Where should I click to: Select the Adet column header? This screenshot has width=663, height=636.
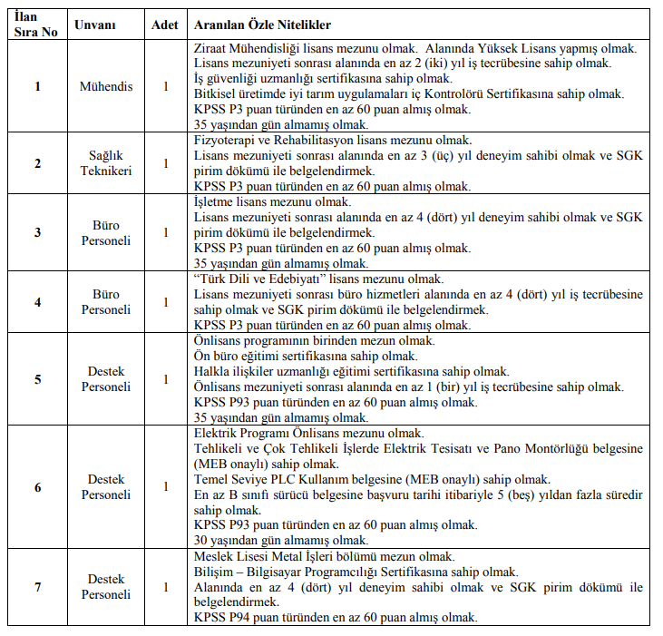point(165,24)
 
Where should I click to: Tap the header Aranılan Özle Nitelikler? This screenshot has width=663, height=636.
point(261,24)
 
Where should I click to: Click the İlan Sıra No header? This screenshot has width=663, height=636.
point(37,24)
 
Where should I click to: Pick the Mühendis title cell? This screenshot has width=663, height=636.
point(106,86)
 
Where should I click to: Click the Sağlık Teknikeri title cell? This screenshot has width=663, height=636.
point(106,163)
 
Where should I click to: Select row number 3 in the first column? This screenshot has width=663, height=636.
point(37,232)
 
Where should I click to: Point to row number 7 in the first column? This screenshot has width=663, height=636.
point(37,587)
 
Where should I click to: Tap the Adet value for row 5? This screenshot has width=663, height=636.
point(165,379)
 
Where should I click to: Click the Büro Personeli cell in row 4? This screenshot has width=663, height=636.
point(106,302)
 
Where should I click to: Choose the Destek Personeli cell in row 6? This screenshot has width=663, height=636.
point(106,487)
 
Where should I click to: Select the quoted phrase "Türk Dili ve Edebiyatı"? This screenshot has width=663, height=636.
point(258,279)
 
